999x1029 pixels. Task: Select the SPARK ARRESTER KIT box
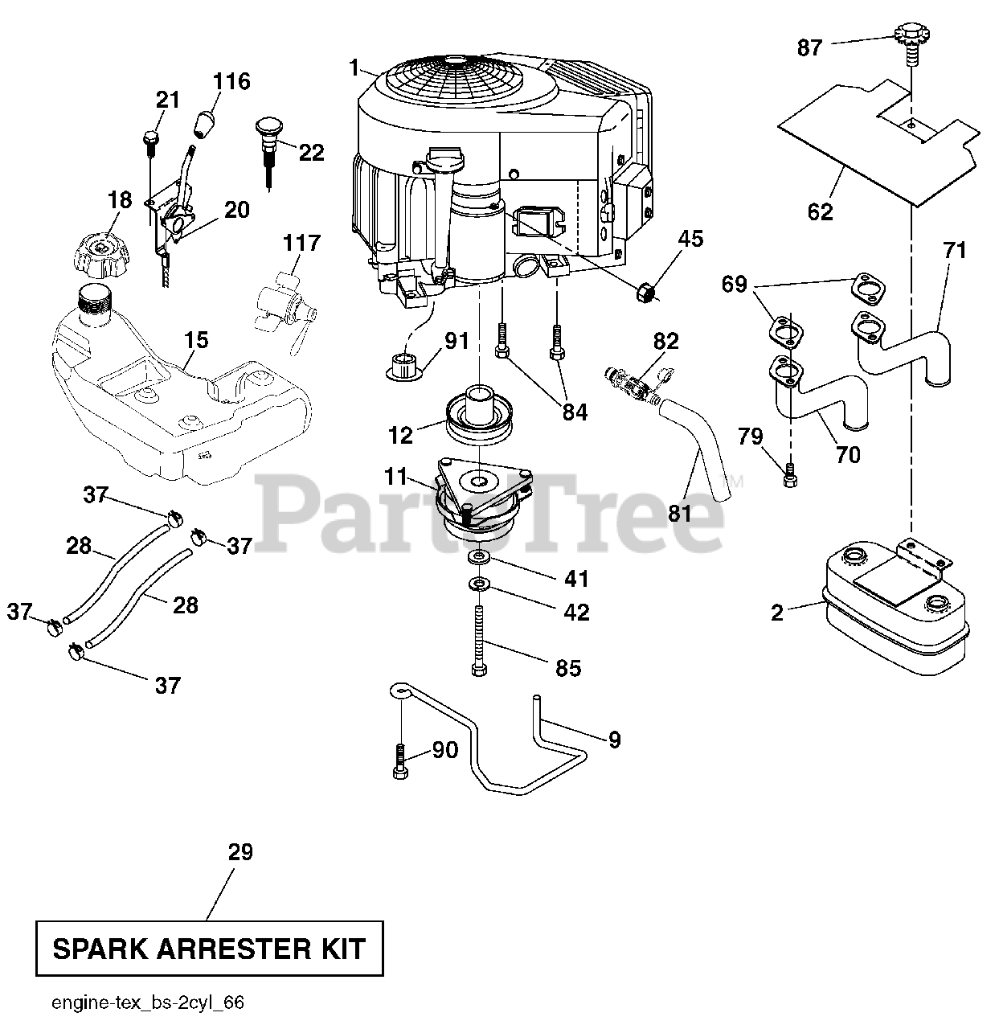click(208, 949)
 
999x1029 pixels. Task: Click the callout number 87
click(809, 48)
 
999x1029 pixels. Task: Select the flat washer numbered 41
click(480, 557)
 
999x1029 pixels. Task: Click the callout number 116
click(231, 81)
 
